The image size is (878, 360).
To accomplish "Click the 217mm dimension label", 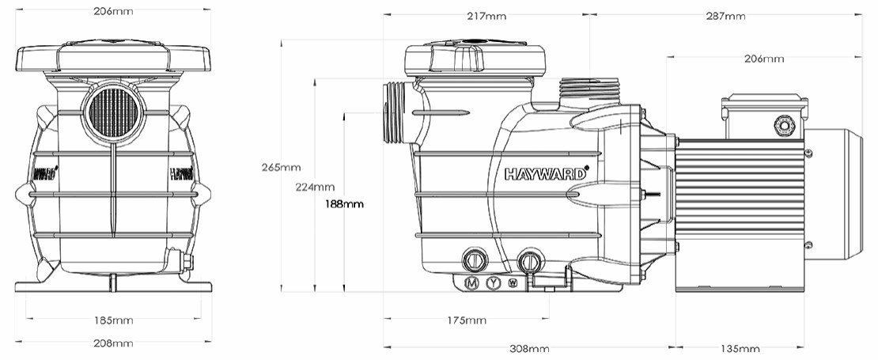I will click(486, 16).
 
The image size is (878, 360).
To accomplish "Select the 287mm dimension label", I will click(725, 16).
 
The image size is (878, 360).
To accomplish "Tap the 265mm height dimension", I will click(282, 167).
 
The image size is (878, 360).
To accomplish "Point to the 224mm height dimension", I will click(314, 188).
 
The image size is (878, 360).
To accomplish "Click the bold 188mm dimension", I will click(344, 203).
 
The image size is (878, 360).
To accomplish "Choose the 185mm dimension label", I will click(112, 320).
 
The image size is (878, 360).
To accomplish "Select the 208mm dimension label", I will click(112, 343).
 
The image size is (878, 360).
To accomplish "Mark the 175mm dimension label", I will click(466, 320).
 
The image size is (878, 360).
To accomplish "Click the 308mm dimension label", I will click(528, 349).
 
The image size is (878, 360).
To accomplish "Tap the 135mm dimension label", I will click(740, 349).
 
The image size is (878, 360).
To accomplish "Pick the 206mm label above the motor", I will click(764, 59).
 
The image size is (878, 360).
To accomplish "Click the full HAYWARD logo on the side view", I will click(547, 173).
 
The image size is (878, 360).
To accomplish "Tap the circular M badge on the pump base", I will click(472, 283).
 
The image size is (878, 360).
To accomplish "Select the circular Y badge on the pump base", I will click(494, 283).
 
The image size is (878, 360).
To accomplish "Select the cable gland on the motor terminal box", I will click(785, 125).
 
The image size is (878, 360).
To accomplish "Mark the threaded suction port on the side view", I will click(393, 113).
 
